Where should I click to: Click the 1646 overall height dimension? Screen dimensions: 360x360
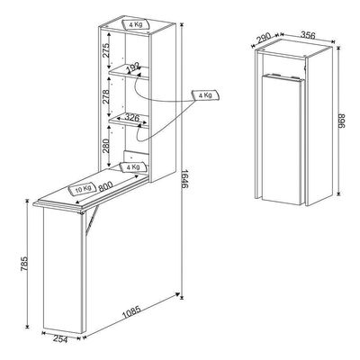click(x=184, y=179)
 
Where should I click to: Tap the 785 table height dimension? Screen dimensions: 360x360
click(x=24, y=264)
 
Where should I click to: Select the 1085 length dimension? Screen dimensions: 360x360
click(x=131, y=312)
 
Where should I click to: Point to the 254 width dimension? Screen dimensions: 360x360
click(x=60, y=339)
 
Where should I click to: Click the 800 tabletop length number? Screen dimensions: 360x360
click(x=105, y=186)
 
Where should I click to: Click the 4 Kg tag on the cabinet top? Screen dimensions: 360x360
click(x=136, y=24)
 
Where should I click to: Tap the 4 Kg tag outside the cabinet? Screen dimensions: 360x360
click(x=205, y=95)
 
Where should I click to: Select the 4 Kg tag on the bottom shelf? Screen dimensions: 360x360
click(x=133, y=167)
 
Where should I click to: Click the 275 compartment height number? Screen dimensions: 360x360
click(x=105, y=50)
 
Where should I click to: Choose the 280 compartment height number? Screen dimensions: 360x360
click(x=105, y=145)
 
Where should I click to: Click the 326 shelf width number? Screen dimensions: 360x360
click(x=131, y=117)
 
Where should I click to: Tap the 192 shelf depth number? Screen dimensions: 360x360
click(x=133, y=68)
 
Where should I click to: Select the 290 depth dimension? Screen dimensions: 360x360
click(x=264, y=39)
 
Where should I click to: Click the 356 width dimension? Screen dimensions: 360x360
click(x=308, y=34)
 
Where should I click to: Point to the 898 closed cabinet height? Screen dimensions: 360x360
click(x=342, y=121)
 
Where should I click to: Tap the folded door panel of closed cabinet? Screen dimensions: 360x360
click(x=283, y=139)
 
